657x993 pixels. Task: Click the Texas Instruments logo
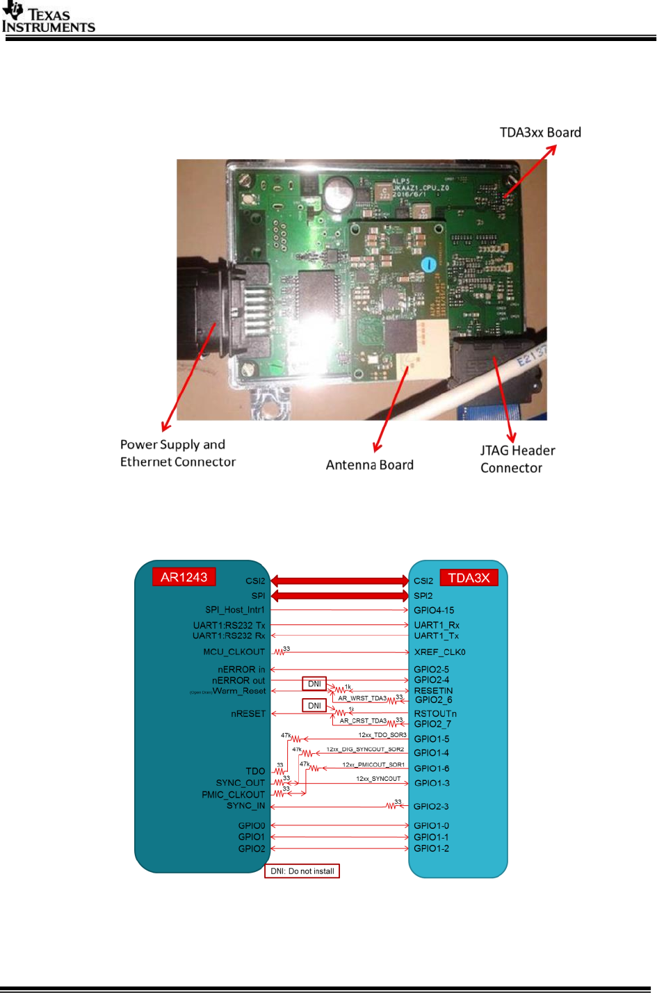click(x=48, y=19)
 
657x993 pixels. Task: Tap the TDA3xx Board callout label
click(x=540, y=133)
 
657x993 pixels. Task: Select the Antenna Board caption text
click(x=369, y=465)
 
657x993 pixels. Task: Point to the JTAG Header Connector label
click(x=517, y=459)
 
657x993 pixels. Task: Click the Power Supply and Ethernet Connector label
click(x=177, y=453)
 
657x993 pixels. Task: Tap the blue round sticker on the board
click(x=430, y=264)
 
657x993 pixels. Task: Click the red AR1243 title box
click(x=184, y=577)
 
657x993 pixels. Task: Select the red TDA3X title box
click(x=469, y=578)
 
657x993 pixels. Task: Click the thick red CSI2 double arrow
click(x=339, y=581)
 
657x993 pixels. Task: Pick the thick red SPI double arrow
click(x=339, y=596)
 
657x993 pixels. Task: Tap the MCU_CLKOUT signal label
click(x=234, y=652)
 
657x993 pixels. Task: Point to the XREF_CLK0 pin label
click(x=439, y=652)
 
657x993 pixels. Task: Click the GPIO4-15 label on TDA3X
click(x=434, y=611)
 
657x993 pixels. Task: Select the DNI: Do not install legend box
click(x=302, y=871)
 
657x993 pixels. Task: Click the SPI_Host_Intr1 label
click(x=234, y=611)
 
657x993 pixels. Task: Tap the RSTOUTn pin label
click(x=435, y=713)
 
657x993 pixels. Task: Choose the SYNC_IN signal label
click(x=245, y=806)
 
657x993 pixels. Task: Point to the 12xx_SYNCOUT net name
click(x=378, y=779)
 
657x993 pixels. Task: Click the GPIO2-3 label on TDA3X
click(x=431, y=807)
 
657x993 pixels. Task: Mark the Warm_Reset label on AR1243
click(x=239, y=691)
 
